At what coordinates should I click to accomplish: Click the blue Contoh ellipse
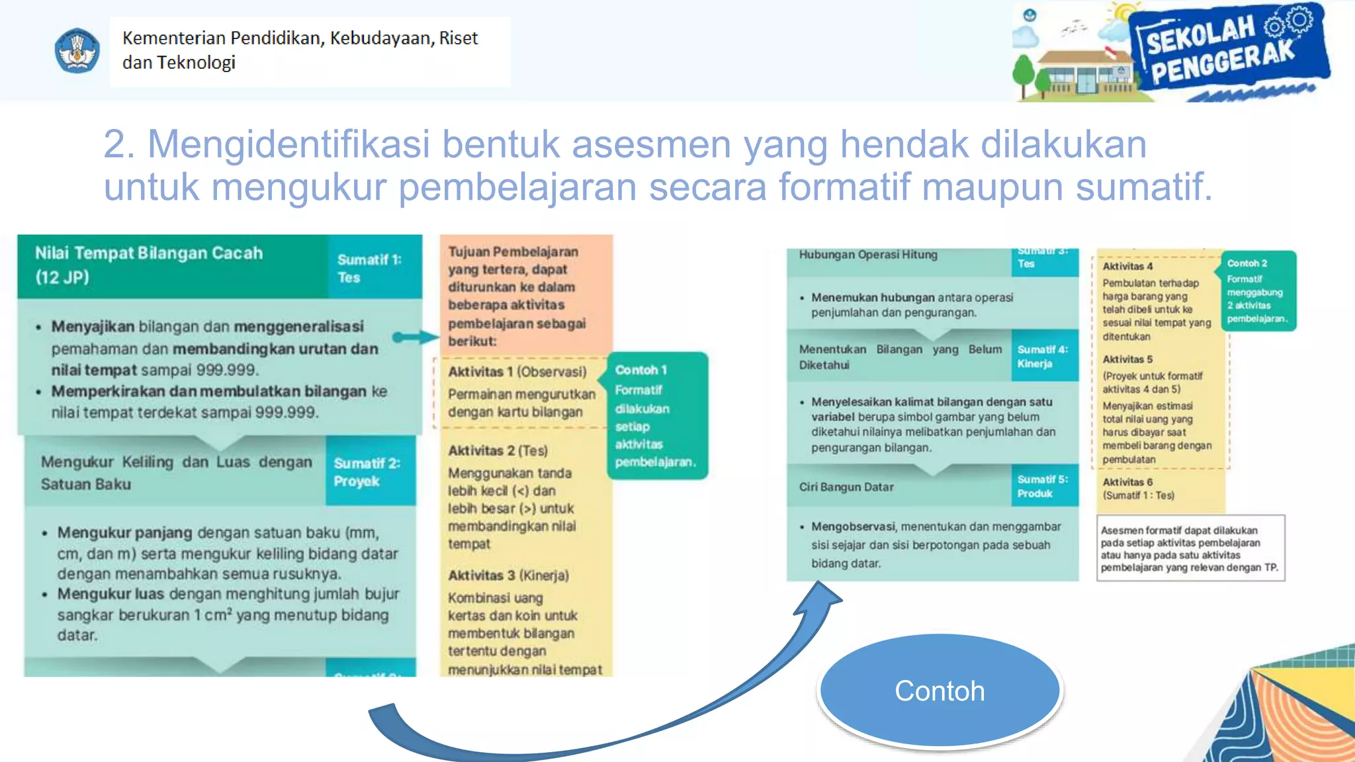940,691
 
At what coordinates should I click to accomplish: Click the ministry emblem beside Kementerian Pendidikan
77,51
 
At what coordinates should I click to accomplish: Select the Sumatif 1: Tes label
369,268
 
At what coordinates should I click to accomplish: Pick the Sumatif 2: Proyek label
367,472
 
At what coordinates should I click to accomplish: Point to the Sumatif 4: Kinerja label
1043,357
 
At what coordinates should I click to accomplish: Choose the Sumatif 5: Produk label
1043,486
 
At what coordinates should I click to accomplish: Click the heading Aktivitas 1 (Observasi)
517,372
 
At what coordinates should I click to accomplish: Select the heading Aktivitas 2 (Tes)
498,450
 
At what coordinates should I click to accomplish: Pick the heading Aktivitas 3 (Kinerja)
508,575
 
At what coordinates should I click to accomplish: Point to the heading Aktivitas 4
1127,266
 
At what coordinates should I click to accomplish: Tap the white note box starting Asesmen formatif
1190,548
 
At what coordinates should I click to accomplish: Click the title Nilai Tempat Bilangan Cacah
149,253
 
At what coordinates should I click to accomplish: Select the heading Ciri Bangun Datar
846,487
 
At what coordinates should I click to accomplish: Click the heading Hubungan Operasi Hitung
868,255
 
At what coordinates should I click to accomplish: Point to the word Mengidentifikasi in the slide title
288,144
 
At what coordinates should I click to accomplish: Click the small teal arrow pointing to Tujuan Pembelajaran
415,337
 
